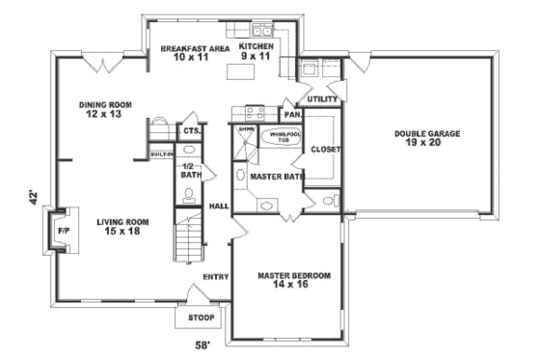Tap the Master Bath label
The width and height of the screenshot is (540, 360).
277,178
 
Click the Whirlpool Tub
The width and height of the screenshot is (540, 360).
283,137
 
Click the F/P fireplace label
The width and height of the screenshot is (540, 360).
63,233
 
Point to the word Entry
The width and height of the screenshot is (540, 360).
214,278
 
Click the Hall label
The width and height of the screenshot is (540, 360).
219,207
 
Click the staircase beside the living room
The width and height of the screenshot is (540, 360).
187,237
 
